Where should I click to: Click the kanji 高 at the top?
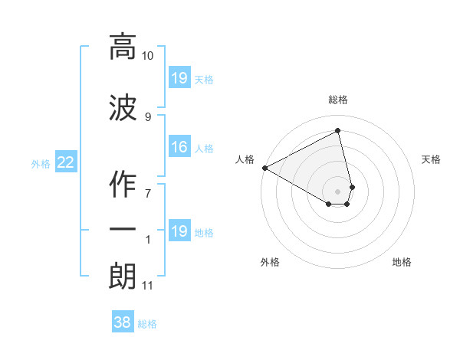click(x=123, y=47)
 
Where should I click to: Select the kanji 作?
click(x=123, y=184)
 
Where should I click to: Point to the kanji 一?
click(x=123, y=228)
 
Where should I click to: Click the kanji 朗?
click(x=123, y=276)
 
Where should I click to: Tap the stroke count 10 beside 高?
click(x=148, y=56)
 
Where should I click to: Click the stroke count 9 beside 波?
click(x=148, y=116)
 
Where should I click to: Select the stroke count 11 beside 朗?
click(x=147, y=286)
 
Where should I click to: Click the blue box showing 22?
click(x=66, y=162)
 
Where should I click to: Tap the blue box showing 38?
click(x=123, y=323)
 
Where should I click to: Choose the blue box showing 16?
click(x=179, y=147)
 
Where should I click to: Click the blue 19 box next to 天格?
click(x=179, y=78)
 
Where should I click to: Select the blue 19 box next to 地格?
click(x=179, y=231)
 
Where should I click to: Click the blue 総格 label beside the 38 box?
click(x=147, y=324)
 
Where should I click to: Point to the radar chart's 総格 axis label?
click(x=338, y=100)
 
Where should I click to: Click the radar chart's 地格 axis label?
click(x=402, y=262)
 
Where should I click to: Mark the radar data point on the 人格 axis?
click(x=264, y=168)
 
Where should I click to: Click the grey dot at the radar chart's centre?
click(x=337, y=191)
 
